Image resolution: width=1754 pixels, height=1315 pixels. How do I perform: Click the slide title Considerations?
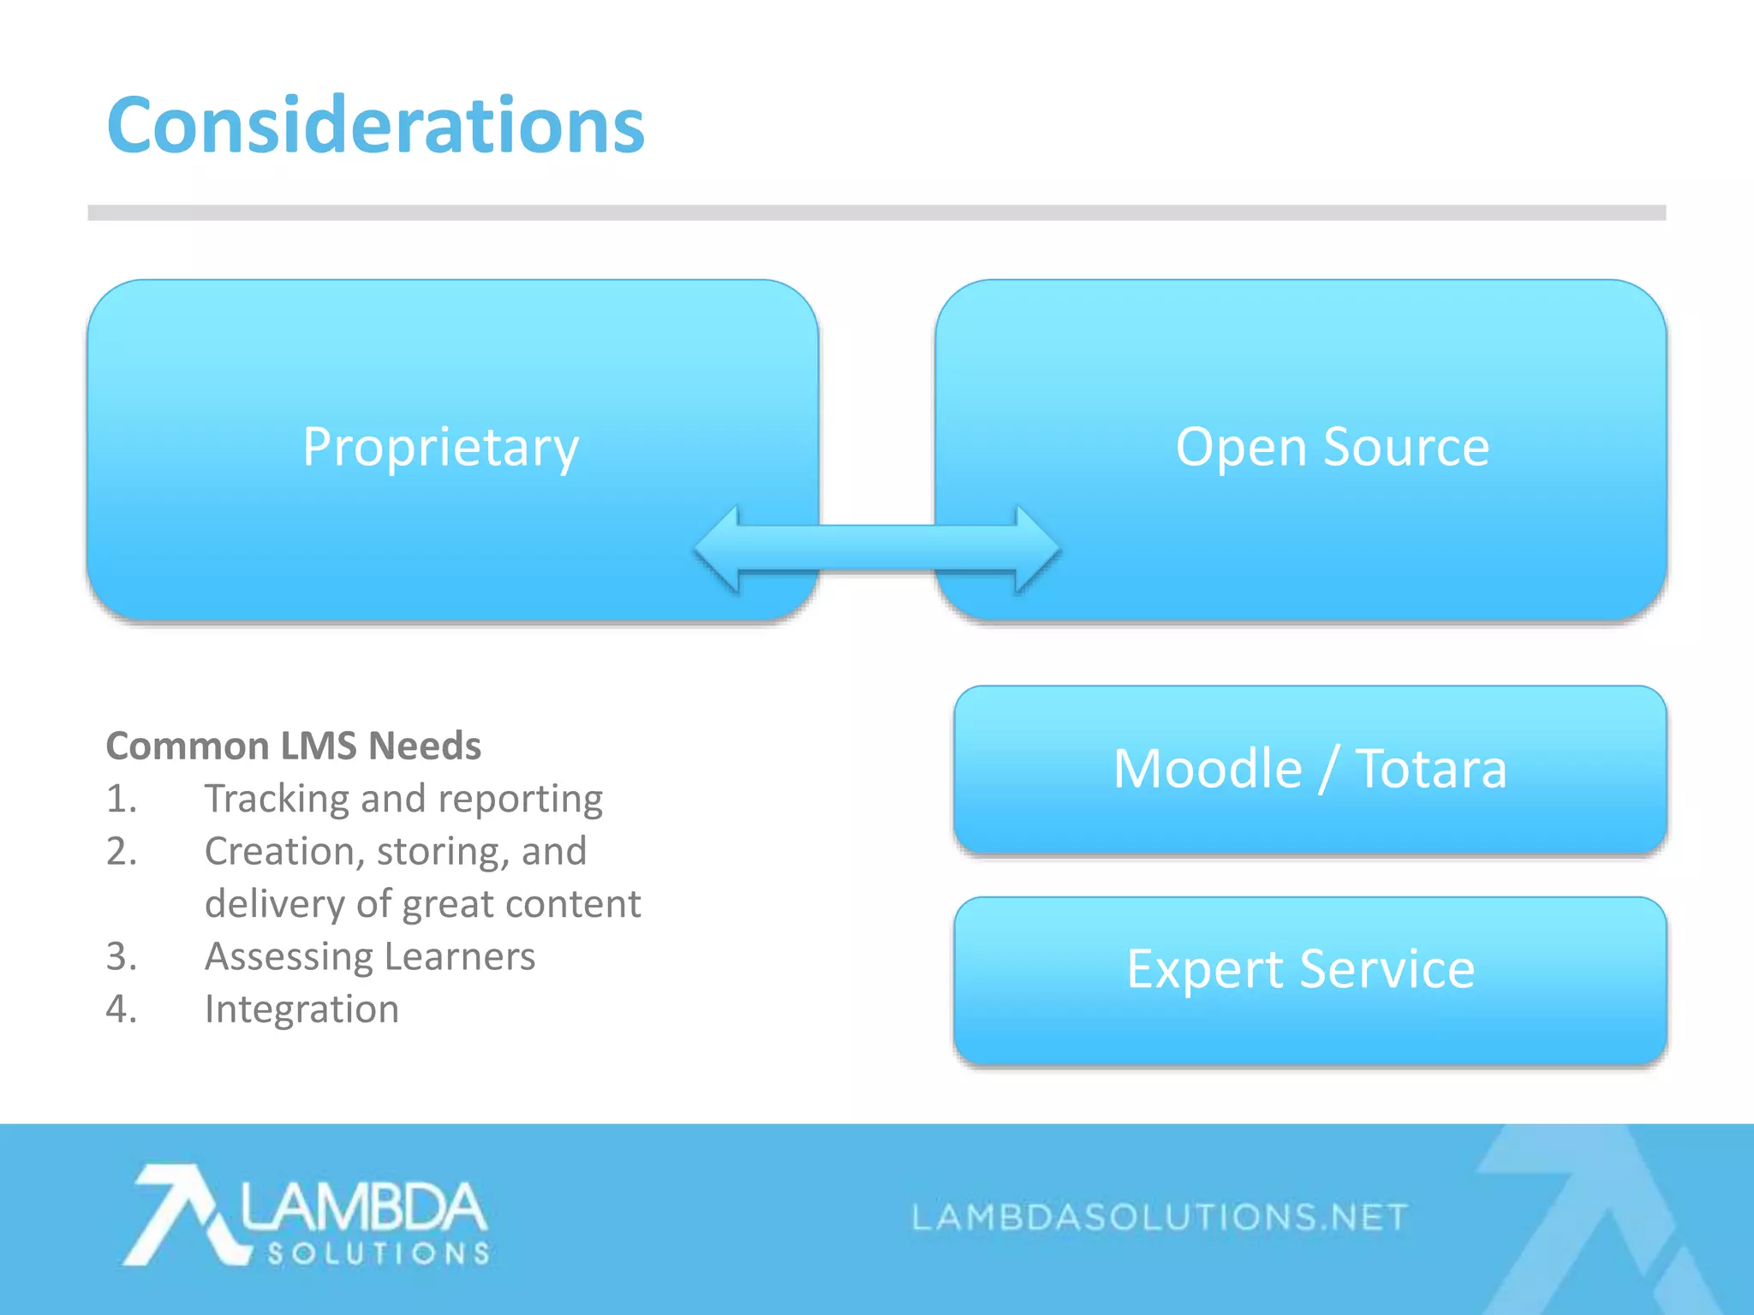(x=375, y=126)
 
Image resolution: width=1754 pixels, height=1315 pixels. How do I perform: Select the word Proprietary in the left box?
(x=440, y=448)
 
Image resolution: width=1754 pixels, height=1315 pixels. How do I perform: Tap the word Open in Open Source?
(x=1241, y=448)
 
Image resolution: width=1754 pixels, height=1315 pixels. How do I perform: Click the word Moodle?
(x=1207, y=768)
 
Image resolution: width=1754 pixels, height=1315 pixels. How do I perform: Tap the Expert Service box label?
(x=1300, y=969)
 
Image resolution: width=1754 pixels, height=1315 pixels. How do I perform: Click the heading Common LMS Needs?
(x=293, y=746)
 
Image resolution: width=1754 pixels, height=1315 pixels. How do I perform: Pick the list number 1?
(x=121, y=799)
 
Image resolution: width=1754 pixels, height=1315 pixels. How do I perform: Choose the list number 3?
(x=121, y=957)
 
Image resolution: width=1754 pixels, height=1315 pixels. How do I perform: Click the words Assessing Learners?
(x=369, y=957)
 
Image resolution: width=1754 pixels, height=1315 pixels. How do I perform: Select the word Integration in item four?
(x=301, y=1009)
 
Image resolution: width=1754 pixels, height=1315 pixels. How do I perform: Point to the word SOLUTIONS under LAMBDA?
(x=378, y=1254)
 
